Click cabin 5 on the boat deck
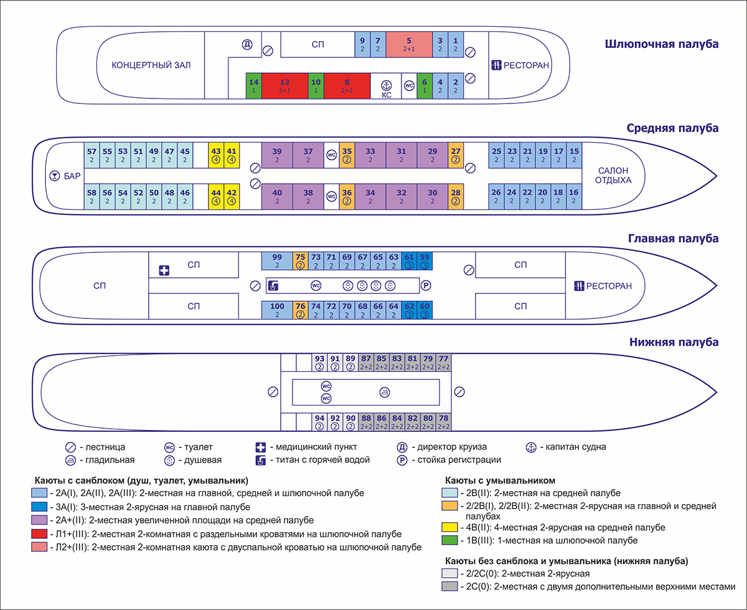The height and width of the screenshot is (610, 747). pos(409,44)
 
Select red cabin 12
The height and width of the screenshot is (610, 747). pos(285,85)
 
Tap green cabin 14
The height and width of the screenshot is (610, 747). pos(253,85)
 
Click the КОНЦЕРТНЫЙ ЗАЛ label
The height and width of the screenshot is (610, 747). pos(151,65)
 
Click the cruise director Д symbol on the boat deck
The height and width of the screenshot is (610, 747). pos(247,44)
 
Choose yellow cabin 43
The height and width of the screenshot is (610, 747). pos(216,155)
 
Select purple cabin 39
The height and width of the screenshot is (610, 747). pos(277,155)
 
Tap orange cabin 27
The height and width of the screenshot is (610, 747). pos(456,155)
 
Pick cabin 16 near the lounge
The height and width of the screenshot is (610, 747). pos(573,196)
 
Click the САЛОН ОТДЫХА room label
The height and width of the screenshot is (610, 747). pos(613,175)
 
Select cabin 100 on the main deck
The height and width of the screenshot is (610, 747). pos(277,310)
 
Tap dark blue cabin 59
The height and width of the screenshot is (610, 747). pos(425,260)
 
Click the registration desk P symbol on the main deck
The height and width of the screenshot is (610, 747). pos(426,286)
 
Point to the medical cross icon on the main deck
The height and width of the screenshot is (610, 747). pos(164,270)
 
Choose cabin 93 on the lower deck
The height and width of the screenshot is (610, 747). pos(319,362)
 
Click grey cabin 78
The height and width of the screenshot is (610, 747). pos(443,422)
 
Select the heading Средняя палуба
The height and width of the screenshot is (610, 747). pos(672,128)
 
